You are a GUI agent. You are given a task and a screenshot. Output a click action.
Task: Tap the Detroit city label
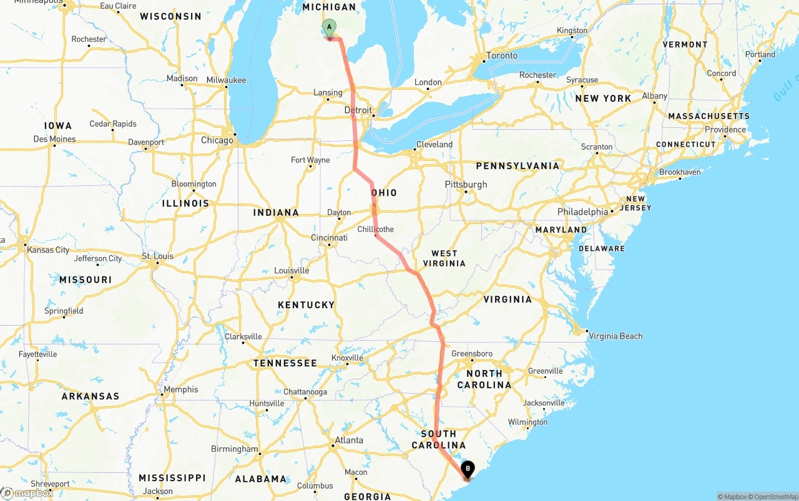pos(358,110)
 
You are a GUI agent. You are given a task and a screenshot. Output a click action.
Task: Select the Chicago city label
pos(217,140)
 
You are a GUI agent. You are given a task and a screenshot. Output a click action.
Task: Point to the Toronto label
pos(502,56)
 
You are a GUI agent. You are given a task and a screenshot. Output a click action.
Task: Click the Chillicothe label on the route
pos(376,229)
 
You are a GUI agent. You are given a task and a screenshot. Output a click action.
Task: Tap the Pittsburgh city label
pos(466,185)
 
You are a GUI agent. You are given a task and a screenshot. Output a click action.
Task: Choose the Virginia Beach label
pos(615,336)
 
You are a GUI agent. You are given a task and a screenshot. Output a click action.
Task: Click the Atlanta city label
pos(349,440)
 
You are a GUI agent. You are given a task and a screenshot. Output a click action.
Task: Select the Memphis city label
pos(180,390)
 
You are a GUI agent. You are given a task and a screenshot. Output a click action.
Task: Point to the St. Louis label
pos(157,256)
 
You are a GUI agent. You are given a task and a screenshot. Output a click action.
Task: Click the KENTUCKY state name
pos(306,305)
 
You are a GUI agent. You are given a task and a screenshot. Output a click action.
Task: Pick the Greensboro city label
pos(472,354)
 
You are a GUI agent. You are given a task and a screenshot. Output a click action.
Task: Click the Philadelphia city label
pos(582,212)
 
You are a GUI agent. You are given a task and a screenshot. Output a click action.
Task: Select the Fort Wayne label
pos(310,160)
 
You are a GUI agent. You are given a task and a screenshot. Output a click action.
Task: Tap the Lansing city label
pos(328,93)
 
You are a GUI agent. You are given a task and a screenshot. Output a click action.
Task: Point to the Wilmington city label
pos(527,422)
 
